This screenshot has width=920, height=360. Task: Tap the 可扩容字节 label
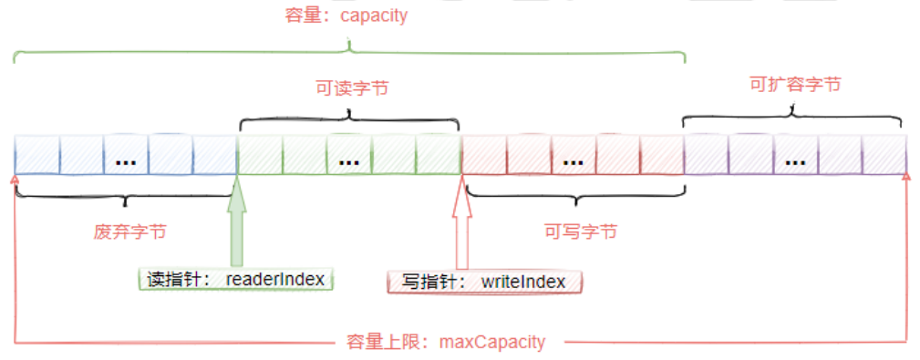click(794, 84)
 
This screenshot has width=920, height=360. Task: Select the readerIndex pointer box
click(237, 279)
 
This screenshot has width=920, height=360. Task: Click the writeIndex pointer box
click(485, 282)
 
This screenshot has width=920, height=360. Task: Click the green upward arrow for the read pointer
click(237, 223)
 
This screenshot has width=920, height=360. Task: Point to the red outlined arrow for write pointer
click(462, 223)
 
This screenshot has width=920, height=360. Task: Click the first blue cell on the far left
click(37, 155)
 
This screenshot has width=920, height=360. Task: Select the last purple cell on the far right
click(884, 155)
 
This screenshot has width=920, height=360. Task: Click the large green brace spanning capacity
click(348, 51)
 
